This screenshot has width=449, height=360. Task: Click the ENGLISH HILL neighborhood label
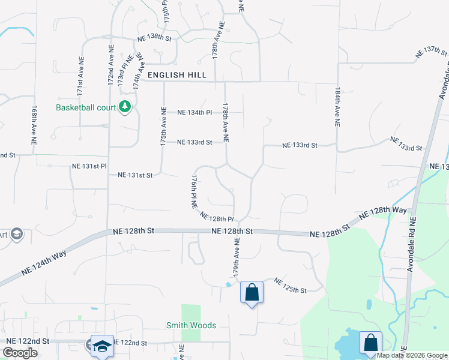(x=177, y=76)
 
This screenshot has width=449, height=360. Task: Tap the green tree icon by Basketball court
(x=125, y=107)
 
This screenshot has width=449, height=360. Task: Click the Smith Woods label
(x=191, y=326)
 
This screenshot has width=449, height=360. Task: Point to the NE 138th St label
(x=155, y=38)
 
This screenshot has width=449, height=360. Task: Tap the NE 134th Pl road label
(x=194, y=112)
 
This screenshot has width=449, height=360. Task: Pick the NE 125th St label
(x=290, y=286)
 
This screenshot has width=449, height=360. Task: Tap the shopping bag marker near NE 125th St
(x=252, y=293)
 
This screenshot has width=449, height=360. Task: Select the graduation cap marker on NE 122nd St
(x=102, y=346)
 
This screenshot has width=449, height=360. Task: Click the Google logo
(x=20, y=353)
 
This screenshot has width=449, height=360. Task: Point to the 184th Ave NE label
(x=337, y=106)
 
